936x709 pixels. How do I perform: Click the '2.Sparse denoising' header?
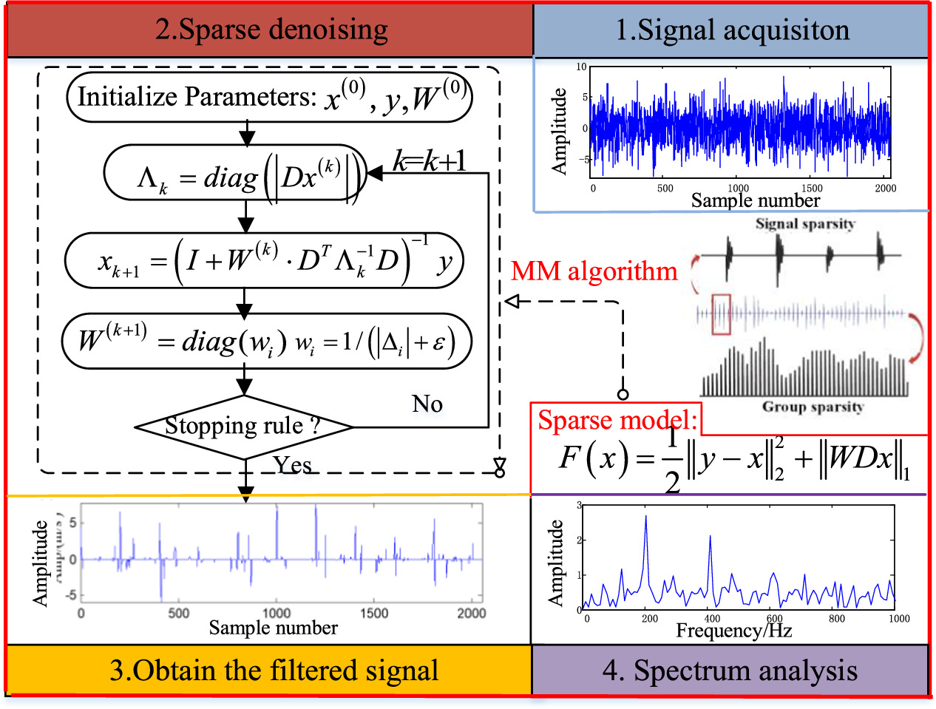click(x=271, y=30)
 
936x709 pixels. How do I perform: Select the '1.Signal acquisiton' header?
click(x=732, y=30)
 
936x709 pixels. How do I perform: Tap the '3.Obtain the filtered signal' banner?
click(x=274, y=671)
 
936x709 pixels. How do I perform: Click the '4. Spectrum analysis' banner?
click(x=730, y=671)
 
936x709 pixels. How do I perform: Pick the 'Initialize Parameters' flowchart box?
click(x=269, y=97)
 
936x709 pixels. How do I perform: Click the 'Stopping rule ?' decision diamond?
click(x=243, y=427)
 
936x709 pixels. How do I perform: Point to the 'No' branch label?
click(x=427, y=404)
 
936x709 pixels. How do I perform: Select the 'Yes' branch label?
click(x=292, y=464)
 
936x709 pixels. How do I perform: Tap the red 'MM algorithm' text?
click(x=594, y=271)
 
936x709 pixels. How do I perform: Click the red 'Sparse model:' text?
click(x=617, y=420)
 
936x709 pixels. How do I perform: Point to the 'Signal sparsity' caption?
click(x=804, y=223)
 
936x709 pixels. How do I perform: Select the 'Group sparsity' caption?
click(x=813, y=407)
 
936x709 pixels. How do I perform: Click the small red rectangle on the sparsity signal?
click(x=721, y=314)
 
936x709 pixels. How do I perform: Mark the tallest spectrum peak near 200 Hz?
click(x=646, y=518)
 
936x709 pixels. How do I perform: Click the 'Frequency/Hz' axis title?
click(x=733, y=631)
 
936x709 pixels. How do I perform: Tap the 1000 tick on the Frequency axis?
click(x=898, y=618)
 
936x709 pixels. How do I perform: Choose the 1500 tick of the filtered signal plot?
click(x=373, y=613)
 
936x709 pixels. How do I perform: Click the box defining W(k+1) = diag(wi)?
click(x=266, y=342)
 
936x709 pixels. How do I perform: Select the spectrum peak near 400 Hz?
click(x=710, y=537)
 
